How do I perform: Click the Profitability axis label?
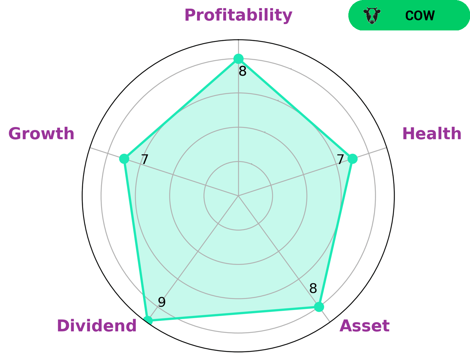coord(238,16)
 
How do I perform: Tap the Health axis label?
coord(432,134)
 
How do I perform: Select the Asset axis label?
coord(365,326)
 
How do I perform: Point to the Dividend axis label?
coord(97,326)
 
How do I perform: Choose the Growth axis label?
coord(41,134)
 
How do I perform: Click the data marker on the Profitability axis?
coord(238,58)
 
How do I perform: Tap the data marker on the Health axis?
coord(352,159)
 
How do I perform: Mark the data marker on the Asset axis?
coord(319,307)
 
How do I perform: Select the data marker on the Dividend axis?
coord(148,320)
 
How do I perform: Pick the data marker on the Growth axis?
coord(124,159)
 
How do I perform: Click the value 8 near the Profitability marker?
coord(243,71)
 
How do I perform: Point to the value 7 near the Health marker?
coord(341,160)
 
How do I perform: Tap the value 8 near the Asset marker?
coord(313,288)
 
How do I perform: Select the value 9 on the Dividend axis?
coord(162,302)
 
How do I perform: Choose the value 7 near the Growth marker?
coord(145,160)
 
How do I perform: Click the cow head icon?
coord(372,15)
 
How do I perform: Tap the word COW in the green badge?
coord(420,16)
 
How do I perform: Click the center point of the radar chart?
coord(238,196)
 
